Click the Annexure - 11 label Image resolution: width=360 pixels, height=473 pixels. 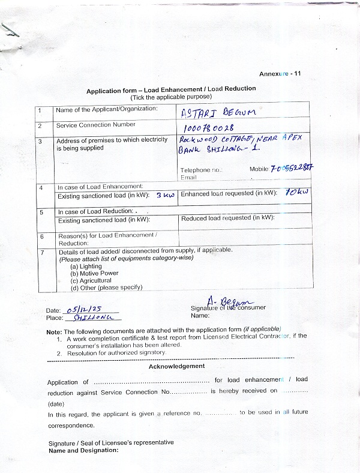tap(280, 73)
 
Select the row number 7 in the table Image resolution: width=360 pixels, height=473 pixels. tap(41, 252)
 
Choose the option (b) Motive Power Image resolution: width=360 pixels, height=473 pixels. tap(94, 273)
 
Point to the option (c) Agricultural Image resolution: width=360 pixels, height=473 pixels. tap(91, 280)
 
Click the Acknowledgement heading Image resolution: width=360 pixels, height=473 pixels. tap(176, 366)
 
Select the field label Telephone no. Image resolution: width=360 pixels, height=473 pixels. tap(201, 170)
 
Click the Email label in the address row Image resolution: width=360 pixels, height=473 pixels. tap(188, 178)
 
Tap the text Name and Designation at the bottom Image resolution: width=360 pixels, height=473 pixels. tap(83, 450)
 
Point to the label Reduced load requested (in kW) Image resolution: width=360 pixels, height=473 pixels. tap(227, 218)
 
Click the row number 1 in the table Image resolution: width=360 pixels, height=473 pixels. tap(40, 110)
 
